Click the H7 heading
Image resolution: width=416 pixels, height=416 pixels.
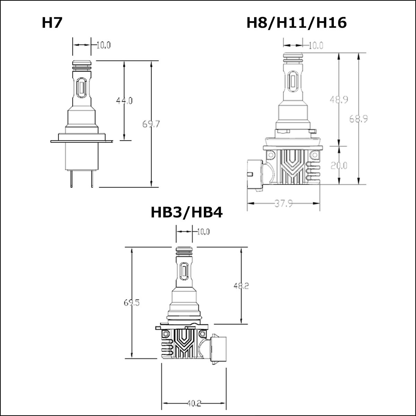(x=52, y=23)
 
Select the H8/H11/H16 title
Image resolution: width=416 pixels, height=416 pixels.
(x=296, y=23)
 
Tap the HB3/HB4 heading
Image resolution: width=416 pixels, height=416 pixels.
(x=187, y=213)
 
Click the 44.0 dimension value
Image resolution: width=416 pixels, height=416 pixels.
(x=124, y=101)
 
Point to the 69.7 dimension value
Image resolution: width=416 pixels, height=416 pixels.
(x=151, y=124)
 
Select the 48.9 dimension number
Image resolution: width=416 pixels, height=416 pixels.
(x=339, y=100)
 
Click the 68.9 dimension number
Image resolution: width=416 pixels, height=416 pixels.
(x=358, y=119)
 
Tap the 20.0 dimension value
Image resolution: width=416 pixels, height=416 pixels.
(x=339, y=166)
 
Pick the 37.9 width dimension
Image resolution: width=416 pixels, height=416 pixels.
(x=284, y=203)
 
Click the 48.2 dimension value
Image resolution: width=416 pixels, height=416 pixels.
(x=241, y=286)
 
